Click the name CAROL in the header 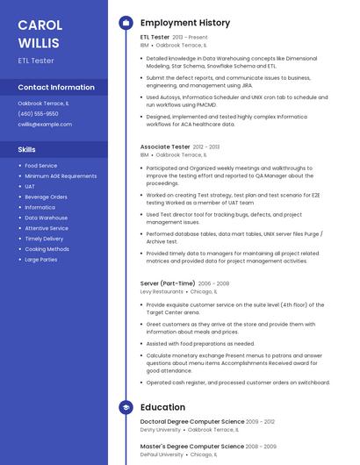coord(40,25)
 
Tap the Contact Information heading coord(56,88)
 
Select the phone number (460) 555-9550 coord(38,114)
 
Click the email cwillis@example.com coord(45,125)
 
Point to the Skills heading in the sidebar coord(26,150)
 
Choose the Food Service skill coord(41,166)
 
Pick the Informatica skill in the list coord(40,208)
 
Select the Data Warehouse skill coord(46,218)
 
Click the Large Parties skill coord(41,260)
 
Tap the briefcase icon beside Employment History coord(126,23)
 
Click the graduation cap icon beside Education coord(126,407)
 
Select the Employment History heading coord(185,23)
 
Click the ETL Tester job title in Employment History coord(155,38)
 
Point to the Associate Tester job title coord(165,147)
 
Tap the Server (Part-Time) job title coord(168,283)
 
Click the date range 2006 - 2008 coord(213,283)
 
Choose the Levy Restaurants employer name coord(162,291)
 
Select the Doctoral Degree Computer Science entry coord(192,422)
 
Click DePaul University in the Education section coord(162,454)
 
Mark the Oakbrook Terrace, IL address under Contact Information coord(43,104)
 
